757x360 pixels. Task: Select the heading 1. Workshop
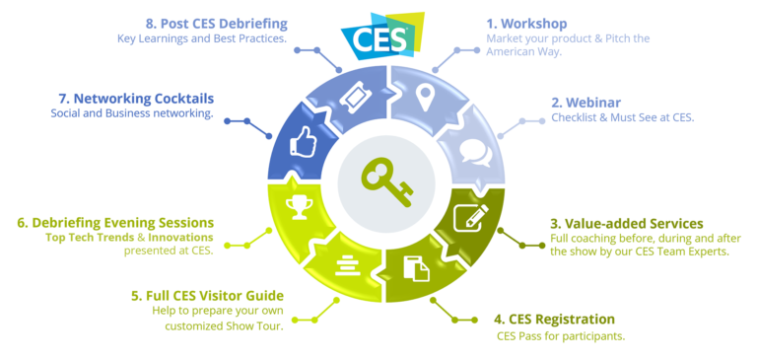(x=527, y=23)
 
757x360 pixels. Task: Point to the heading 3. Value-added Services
(x=627, y=223)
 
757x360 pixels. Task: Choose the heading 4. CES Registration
(x=554, y=319)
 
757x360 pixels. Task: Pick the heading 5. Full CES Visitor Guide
(x=207, y=295)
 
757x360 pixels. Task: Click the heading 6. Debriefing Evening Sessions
(x=115, y=222)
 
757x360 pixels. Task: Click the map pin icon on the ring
(x=425, y=97)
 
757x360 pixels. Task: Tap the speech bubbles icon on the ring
(x=475, y=153)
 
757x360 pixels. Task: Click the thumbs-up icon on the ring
(x=301, y=144)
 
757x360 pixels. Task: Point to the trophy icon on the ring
(x=297, y=205)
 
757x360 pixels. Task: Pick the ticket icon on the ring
(x=354, y=96)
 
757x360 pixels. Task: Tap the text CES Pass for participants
(x=561, y=336)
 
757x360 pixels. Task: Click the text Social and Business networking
(x=132, y=113)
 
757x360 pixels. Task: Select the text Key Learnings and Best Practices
(x=201, y=38)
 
